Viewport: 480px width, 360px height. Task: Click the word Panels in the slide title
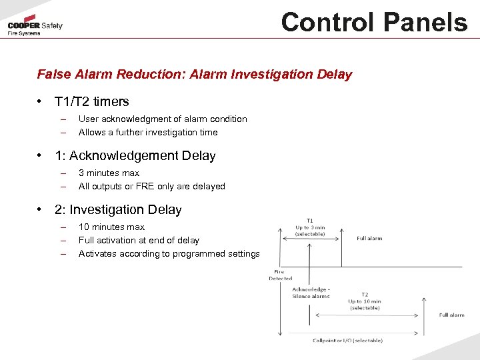(x=422, y=22)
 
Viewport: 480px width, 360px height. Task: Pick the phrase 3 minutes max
(x=109, y=173)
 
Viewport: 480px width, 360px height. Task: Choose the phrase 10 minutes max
(x=111, y=227)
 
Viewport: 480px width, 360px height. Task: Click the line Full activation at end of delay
(x=139, y=241)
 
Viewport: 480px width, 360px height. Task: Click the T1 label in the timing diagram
(x=310, y=220)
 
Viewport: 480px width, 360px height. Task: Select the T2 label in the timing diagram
(x=365, y=294)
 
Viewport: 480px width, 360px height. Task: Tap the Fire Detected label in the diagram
(x=281, y=275)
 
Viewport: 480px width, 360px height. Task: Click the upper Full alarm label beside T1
(x=369, y=238)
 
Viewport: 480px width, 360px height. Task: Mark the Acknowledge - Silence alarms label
(x=311, y=293)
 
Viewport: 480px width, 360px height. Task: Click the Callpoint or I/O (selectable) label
(x=347, y=341)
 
